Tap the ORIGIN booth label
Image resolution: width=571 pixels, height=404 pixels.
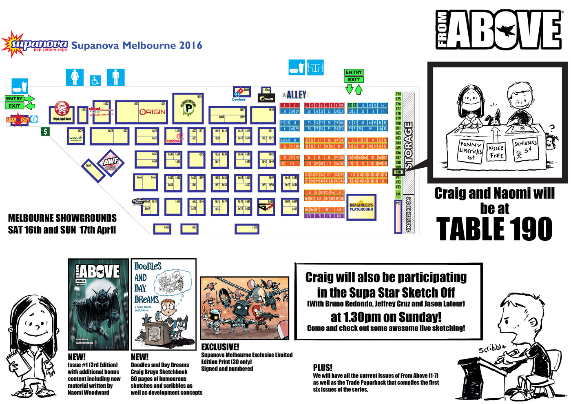click(x=152, y=112)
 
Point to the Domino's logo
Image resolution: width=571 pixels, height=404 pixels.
click(x=239, y=93)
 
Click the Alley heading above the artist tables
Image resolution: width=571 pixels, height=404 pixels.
click(x=294, y=95)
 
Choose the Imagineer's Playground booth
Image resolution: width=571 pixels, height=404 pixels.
click(x=361, y=207)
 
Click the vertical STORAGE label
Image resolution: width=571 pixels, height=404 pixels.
click(x=409, y=145)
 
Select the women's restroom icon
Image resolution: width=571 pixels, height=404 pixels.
click(x=75, y=77)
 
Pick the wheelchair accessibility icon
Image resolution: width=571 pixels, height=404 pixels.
click(x=95, y=80)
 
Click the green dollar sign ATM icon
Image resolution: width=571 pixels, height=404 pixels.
click(x=45, y=131)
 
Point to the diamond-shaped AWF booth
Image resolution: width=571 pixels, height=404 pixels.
click(x=111, y=162)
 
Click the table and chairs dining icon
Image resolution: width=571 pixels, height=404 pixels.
click(x=315, y=67)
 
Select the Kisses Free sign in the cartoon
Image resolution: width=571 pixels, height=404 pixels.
click(x=496, y=152)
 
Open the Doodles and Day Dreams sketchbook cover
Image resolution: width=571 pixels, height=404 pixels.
click(x=163, y=304)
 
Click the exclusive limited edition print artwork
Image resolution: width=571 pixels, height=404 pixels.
click(x=245, y=308)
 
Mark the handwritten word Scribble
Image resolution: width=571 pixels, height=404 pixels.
click(x=492, y=348)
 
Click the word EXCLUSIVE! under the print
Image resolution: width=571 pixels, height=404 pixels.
click(x=220, y=347)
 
